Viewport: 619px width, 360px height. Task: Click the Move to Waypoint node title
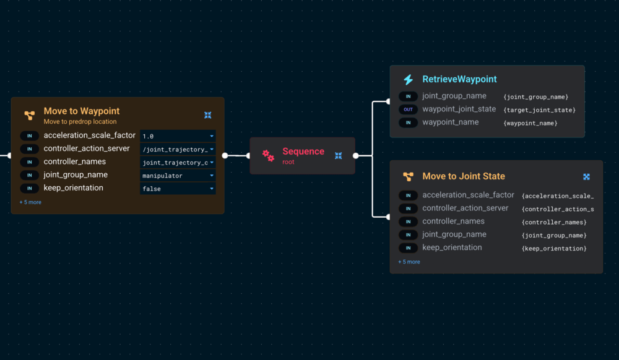coord(81,111)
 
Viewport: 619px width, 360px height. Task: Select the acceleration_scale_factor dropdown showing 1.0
coord(178,136)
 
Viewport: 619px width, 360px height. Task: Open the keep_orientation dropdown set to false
coord(178,189)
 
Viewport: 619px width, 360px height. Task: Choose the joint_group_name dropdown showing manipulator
coord(178,176)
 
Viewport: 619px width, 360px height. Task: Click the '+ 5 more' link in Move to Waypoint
coord(30,202)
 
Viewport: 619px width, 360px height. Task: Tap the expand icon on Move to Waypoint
coord(208,115)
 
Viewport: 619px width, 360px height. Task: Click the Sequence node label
coord(303,152)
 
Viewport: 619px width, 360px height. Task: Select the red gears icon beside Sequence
coord(268,156)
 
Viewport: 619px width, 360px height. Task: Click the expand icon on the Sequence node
coord(339,156)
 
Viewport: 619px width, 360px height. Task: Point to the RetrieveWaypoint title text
coord(459,79)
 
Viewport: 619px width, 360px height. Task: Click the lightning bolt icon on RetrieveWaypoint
coord(408,80)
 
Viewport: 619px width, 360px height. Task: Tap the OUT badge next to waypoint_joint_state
coord(408,109)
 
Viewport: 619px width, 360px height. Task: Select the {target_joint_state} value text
coord(540,110)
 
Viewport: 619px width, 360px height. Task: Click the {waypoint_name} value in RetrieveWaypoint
coord(530,123)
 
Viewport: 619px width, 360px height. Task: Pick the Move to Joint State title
coord(464,176)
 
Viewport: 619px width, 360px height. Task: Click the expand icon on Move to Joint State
coord(586,177)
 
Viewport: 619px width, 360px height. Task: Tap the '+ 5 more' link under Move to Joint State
coord(409,262)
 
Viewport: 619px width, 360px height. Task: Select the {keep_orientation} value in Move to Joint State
coord(554,249)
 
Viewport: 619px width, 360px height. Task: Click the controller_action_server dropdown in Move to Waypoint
coord(178,149)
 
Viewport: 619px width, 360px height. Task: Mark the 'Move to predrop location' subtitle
coord(80,122)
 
